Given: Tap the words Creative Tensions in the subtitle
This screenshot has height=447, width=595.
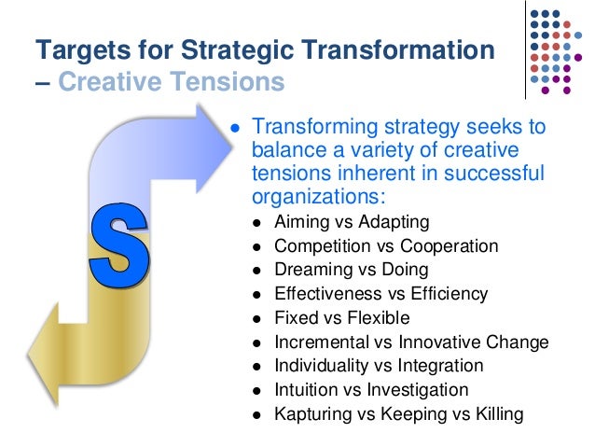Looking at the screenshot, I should click(x=171, y=82).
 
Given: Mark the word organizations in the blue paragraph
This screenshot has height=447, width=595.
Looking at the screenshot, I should click(x=315, y=196).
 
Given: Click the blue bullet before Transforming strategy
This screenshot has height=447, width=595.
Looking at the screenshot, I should click(x=236, y=129).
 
